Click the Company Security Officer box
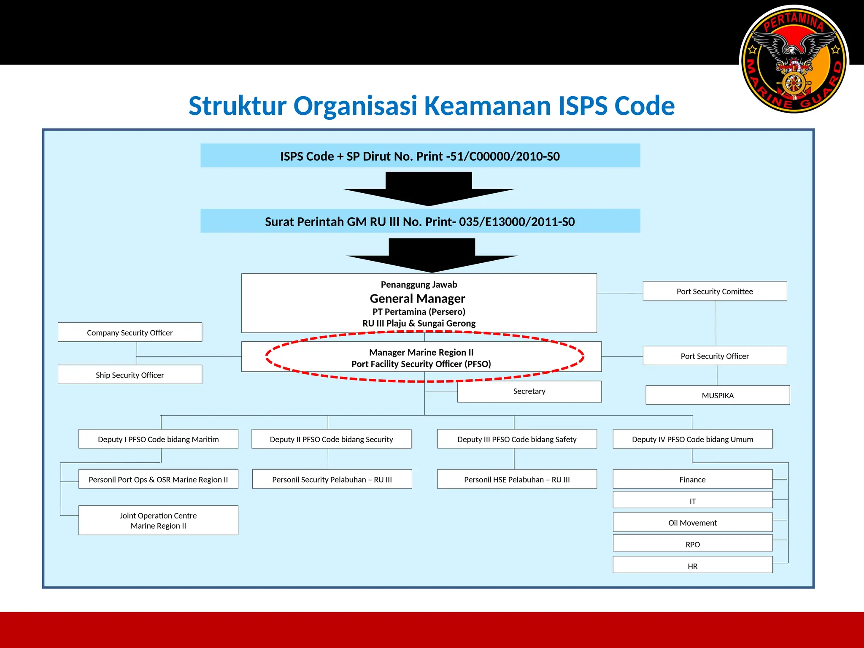click(130, 332)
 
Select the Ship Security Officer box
click(130, 375)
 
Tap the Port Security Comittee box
click(714, 291)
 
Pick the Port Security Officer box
click(714, 356)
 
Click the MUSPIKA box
click(717, 395)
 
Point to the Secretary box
click(529, 391)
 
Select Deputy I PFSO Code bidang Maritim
click(158, 439)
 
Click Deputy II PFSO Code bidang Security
click(331, 439)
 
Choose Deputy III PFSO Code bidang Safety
click(517, 439)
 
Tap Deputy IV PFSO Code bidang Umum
click(692, 439)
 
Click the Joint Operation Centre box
click(158, 520)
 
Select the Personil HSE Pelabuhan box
click(517, 479)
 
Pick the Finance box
click(692, 479)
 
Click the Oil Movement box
click(692, 523)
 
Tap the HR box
click(692, 565)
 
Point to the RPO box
click(692, 544)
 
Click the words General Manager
click(417, 299)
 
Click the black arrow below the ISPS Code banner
click(429, 190)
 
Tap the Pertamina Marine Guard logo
click(794, 59)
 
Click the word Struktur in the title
click(238, 106)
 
